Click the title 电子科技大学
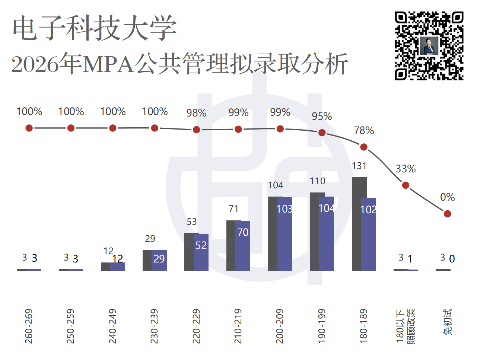click(x=95, y=28)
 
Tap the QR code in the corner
click(x=429, y=46)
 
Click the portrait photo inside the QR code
click(x=429, y=46)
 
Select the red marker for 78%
click(x=364, y=147)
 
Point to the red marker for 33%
click(x=406, y=185)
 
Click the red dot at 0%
click(x=448, y=214)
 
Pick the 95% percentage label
click(x=322, y=117)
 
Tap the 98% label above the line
click(x=196, y=113)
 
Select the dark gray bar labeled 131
click(x=359, y=224)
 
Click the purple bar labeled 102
click(x=368, y=235)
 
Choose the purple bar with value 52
click(x=201, y=252)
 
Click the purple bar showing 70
click(x=243, y=246)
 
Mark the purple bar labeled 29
click(x=159, y=261)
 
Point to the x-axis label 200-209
click(x=280, y=326)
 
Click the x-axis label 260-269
click(x=29, y=326)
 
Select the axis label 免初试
click(x=447, y=322)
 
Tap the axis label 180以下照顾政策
click(x=406, y=326)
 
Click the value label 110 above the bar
click(x=318, y=181)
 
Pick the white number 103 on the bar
click(x=284, y=209)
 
